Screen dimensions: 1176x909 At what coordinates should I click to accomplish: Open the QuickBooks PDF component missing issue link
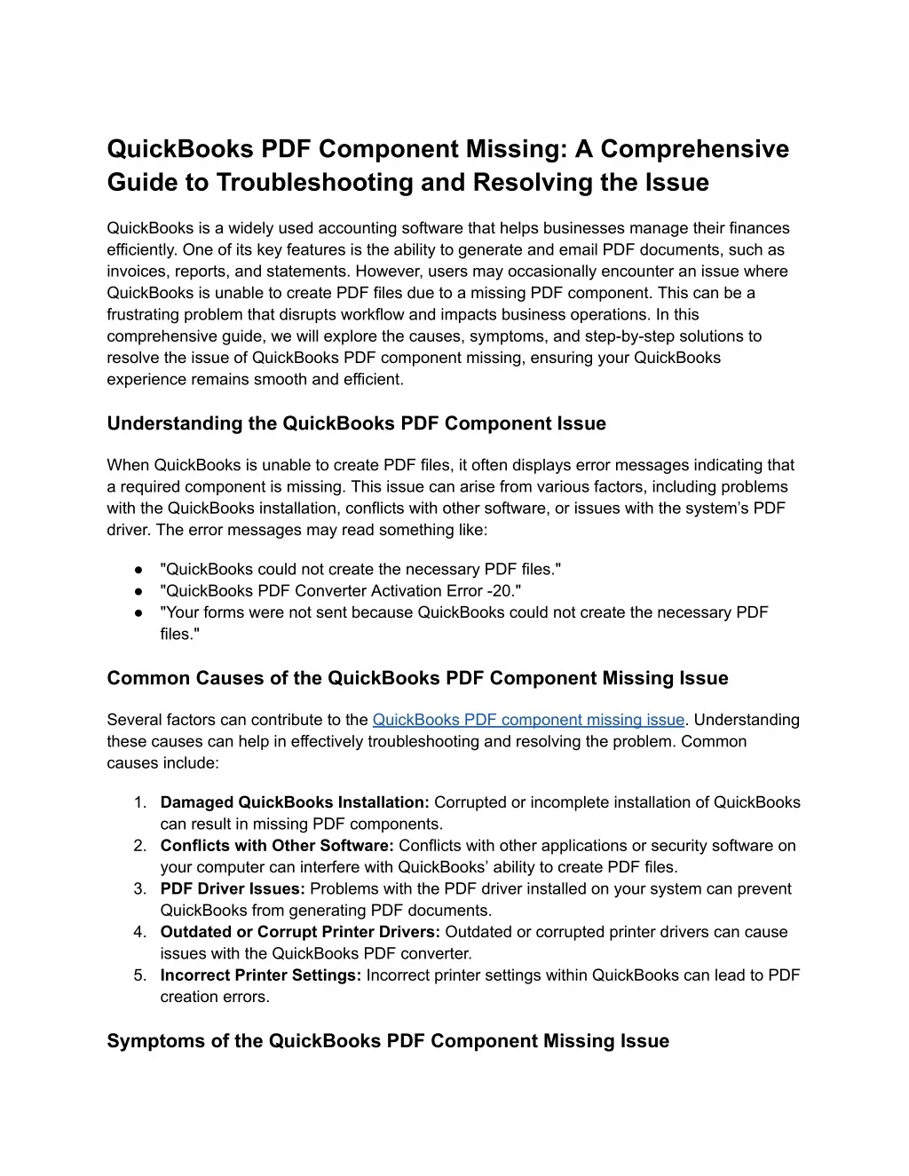click(x=528, y=720)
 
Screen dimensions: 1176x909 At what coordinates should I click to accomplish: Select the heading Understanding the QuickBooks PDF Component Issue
click(x=356, y=423)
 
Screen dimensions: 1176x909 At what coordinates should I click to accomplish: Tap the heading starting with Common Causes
click(x=417, y=678)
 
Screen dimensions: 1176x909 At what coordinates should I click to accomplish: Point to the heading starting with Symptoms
click(x=388, y=1041)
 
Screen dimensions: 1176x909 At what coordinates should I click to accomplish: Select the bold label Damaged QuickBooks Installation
click(x=295, y=802)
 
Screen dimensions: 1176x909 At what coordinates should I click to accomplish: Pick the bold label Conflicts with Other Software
click(x=277, y=846)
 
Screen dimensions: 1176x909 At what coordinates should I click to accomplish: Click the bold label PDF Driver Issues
click(x=233, y=888)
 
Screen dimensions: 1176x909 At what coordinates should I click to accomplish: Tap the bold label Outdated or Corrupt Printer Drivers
click(x=300, y=932)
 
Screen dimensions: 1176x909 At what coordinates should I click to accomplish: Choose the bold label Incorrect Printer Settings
click(x=261, y=975)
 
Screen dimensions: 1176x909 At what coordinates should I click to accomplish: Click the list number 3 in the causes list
click(x=140, y=888)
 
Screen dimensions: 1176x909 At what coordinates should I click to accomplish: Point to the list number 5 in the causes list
click(x=140, y=975)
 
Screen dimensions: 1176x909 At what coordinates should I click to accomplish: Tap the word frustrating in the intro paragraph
click(x=144, y=314)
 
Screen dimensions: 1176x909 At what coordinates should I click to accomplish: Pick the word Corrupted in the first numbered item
click(x=469, y=802)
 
